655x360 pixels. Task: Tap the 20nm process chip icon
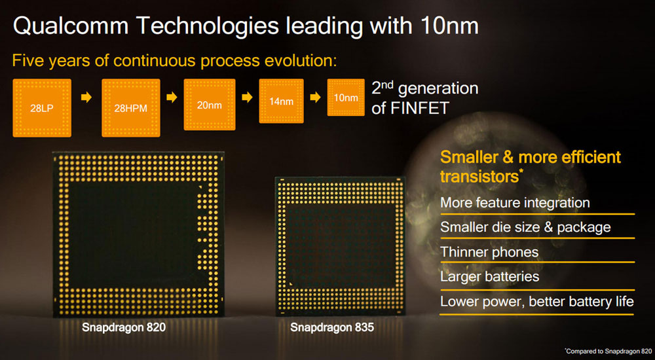[x=209, y=105]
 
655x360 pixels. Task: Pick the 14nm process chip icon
[x=281, y=101]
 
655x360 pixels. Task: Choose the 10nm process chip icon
[x=345, y=98]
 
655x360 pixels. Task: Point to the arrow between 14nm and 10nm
[x=315, y=98]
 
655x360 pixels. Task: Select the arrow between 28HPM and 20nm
[x=172, y=98]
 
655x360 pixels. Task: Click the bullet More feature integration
[x=515, y=202]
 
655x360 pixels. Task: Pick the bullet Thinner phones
[x=489, y=252]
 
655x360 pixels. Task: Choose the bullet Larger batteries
[x=489, y=276]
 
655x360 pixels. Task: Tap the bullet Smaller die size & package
[x=525, y=227]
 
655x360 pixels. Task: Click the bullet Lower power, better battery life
[x=536, y=301]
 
